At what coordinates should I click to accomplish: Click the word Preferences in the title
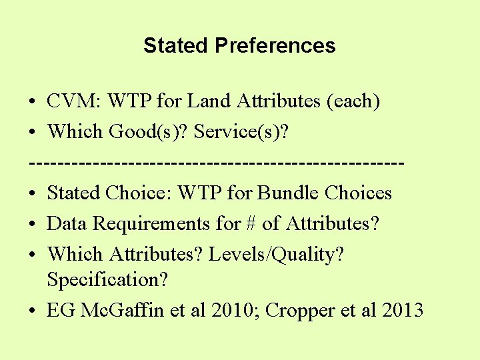(x=275, y=46)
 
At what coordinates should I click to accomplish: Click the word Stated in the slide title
(x=176, y=46)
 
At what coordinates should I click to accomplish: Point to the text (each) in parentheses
(x=353, y=101)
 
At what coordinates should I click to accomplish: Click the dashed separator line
(x=217, y=163)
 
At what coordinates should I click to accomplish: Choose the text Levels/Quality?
(x=276, y=255)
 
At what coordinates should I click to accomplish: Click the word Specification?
(x=107, y=280)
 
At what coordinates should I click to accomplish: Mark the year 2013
(x=399, y=311)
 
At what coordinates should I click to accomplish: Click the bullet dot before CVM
(x=33, y=102)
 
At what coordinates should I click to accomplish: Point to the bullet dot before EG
(x=33, y=311)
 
